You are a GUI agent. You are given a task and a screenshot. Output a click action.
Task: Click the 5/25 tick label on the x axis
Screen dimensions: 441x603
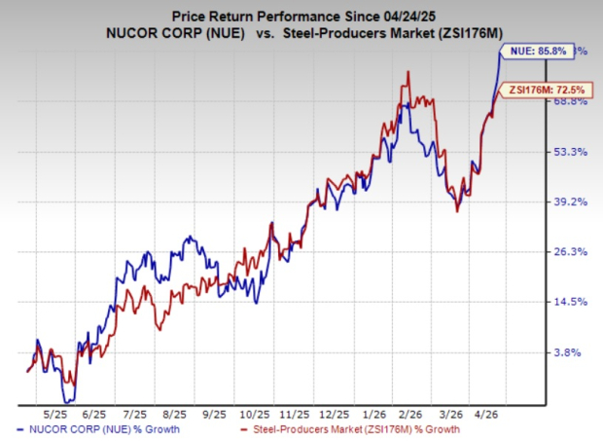pos(53,413)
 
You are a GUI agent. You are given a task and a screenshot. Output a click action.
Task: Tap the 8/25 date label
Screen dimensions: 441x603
pos(177,413)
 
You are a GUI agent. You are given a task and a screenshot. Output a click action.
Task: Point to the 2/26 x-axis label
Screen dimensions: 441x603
pos(420,413)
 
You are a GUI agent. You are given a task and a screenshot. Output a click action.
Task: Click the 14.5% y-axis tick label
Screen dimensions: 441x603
pos(569,302)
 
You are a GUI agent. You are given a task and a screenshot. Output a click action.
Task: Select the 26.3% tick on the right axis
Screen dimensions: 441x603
pos(569,251)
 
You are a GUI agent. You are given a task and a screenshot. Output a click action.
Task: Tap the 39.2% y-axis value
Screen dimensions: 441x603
pos(569,202)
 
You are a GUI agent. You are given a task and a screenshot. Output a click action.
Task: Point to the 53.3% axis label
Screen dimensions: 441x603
pos(569,152)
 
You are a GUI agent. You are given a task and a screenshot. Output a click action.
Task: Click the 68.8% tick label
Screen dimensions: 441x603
pos(569,100)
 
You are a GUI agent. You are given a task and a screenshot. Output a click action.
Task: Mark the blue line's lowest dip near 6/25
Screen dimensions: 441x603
pos(68,399)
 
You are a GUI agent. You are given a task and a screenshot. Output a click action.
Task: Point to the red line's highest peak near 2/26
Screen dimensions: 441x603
pos(408,72)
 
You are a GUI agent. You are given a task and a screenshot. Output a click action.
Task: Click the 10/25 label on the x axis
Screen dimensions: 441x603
pos(259,413)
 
